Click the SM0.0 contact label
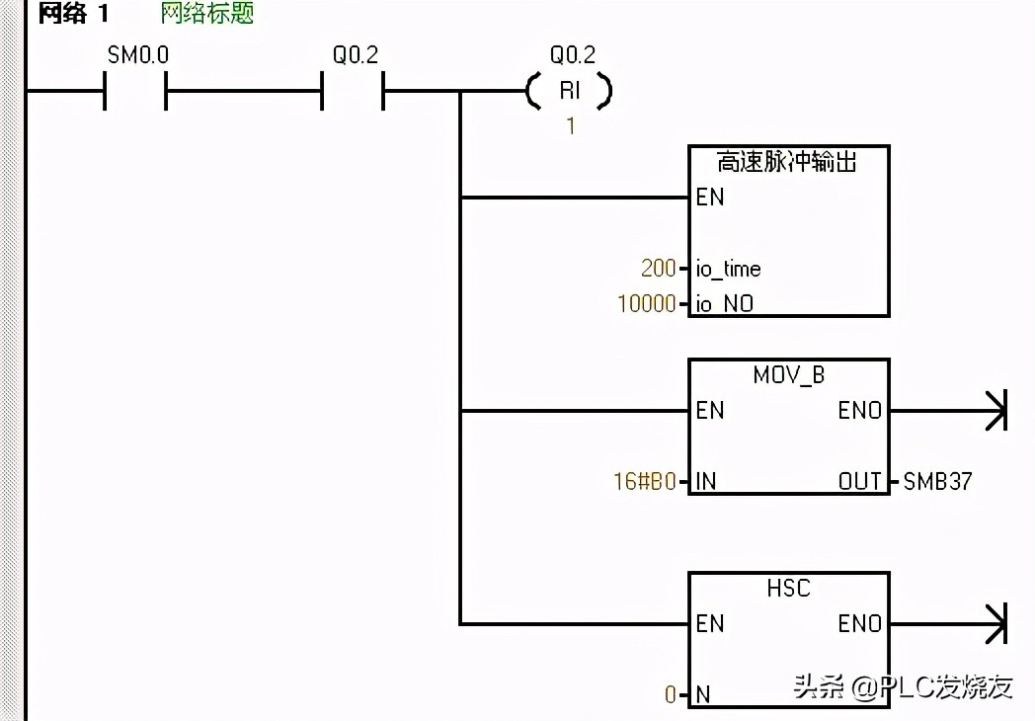point(137,56)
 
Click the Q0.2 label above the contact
point(355,56)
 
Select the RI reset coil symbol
point(570,92)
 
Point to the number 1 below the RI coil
point(570,126)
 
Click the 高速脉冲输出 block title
point(787,162)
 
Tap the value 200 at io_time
point(658,269)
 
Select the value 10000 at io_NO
point(647,304)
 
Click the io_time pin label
point(729,269)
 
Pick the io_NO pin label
point(725,304)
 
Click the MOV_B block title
point(788,376)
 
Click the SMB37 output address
point(938,482)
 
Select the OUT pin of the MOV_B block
point(859,482)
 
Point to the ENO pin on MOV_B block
point(859,411)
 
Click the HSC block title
point(788,589)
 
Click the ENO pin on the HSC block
point(859,624)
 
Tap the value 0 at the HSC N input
point(671,695)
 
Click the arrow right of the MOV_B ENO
point(993,411)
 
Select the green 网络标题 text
point(207,15)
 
